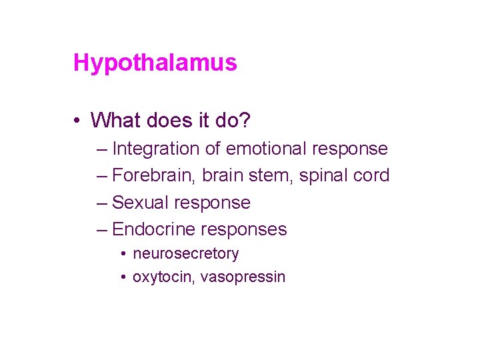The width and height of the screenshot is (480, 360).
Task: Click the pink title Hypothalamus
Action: pos(155,63)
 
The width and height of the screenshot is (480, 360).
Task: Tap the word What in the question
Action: pos(115,120)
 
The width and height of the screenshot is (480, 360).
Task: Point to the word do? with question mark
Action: pos(234,120)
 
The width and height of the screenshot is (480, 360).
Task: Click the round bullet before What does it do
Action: pos(78,121)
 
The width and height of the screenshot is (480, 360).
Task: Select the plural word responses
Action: pos(244,229)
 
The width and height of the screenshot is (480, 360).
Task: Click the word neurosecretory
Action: pos(185,254)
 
